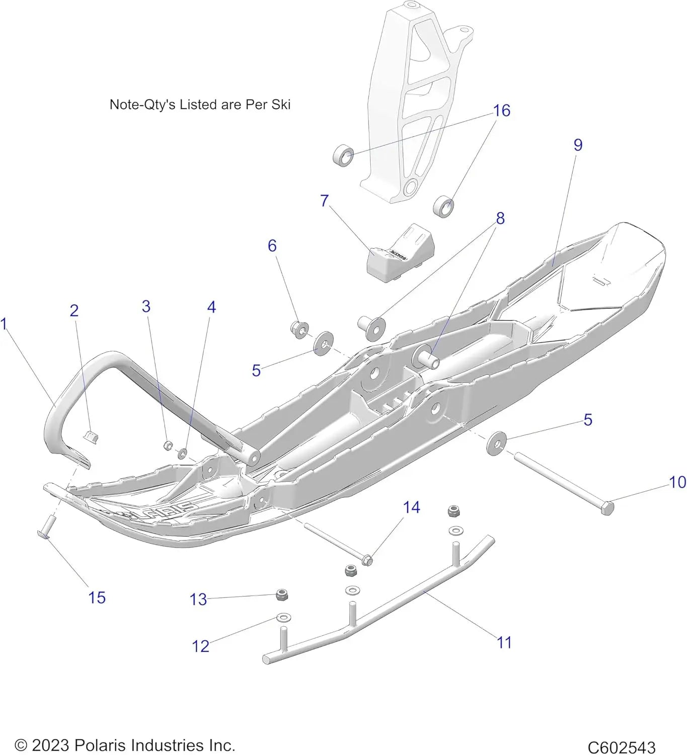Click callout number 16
click(501, 111)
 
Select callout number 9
click(578, 145)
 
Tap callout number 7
click(325, 200)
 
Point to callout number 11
click(504, 643)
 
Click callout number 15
click(97, 598)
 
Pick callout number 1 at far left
click(4, 324)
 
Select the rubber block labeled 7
click(400, 254)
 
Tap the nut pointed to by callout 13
click(282, 595)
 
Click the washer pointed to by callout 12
click(283, 617)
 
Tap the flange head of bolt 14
click(367, 559)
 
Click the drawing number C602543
click(621, 747)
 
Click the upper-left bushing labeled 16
click(344, 156)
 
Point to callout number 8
click(500, 218)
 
